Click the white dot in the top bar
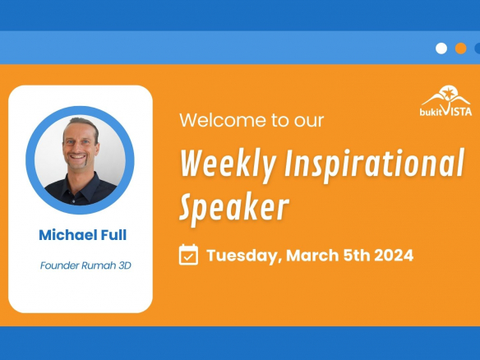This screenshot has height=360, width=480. (441, 48)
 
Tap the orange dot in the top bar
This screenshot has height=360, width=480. (461, 48)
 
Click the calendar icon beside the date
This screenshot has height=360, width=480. (188, 255)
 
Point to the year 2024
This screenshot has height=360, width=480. (394, 255)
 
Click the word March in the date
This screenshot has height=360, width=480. (312, 255)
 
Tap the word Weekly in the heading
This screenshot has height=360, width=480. (228, 164)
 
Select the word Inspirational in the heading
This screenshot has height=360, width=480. (375, 164)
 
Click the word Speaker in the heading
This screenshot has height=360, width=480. (234, 207)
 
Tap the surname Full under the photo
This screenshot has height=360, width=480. (113, 235)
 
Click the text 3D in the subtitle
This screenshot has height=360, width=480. (125, 265)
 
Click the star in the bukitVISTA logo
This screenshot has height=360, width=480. (449, 93)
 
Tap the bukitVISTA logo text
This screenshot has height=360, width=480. (445, 112)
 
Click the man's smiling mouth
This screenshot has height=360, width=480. (77, 156)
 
